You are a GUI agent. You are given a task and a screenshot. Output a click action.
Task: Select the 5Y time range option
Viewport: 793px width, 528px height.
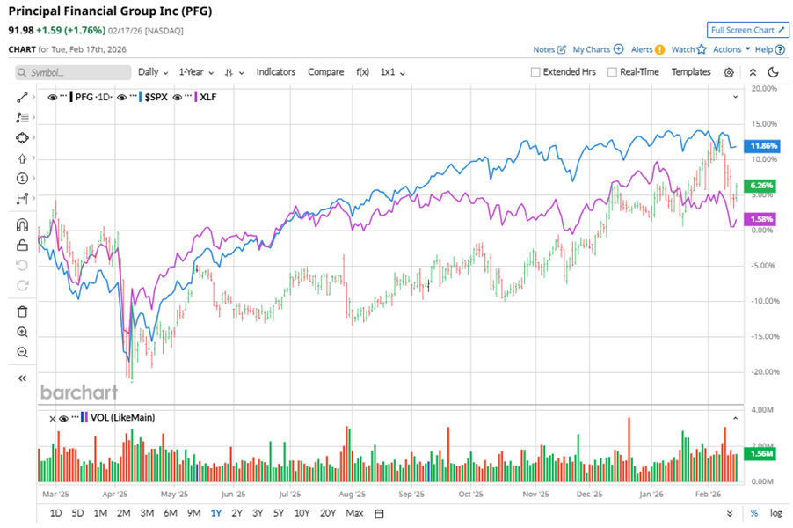(278, 513)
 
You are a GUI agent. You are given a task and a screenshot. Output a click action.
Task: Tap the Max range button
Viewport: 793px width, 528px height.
(354, 513)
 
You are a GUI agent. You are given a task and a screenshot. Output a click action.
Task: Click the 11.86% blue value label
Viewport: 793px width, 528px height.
(761, 145)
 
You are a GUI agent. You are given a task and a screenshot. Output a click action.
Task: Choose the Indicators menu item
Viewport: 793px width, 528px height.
(275, 72)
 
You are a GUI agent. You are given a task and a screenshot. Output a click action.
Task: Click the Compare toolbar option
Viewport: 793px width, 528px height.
(325, 72)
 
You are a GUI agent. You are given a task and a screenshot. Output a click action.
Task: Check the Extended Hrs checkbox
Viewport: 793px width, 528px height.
(535, 72)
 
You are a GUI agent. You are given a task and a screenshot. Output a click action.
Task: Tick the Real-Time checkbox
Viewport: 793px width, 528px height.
(612, 72)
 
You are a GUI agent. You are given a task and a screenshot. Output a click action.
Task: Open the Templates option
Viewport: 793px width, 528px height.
(691, 72)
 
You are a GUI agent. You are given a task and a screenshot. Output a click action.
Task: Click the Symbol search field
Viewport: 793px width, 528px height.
(70, 72)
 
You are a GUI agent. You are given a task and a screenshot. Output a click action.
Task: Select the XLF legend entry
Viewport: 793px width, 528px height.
(208, 96)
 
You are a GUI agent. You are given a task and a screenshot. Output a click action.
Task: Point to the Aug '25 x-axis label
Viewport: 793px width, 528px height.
(351, 495)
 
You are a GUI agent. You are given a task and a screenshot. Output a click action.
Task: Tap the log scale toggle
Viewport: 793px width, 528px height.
(775, 513)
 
